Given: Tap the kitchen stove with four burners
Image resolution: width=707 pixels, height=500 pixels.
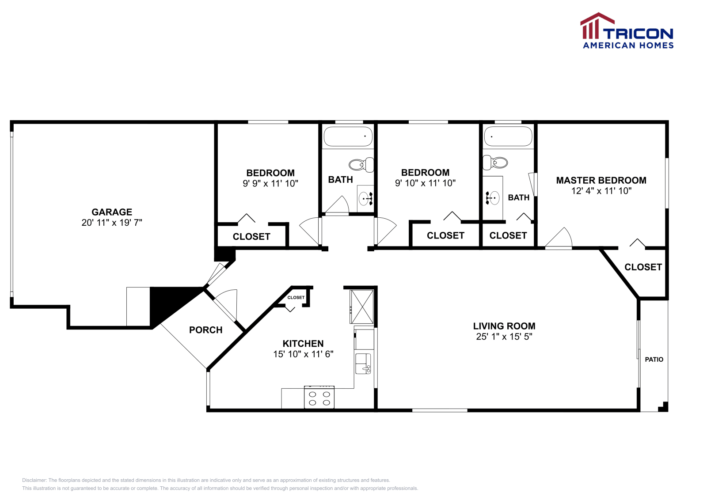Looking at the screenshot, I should click(x=319, y=398).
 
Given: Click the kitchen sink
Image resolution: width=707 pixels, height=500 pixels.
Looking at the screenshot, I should click(x=363, y=364).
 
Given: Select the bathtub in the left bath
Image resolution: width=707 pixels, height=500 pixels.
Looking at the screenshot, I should click(x=348, y=136).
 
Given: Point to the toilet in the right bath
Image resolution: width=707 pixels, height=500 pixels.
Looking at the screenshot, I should click(x=495, y=163).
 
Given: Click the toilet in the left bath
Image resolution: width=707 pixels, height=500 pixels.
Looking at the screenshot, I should click(x=361, y=165).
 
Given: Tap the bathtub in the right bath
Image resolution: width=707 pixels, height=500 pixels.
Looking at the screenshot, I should click(x=508, y=136).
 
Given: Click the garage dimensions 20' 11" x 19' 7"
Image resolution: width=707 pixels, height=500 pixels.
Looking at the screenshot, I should click(x=112, y=223).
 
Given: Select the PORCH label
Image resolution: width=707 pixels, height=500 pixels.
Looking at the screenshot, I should click(x=205, y=330).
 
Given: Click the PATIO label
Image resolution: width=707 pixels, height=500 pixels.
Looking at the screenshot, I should click(x=654, y=360).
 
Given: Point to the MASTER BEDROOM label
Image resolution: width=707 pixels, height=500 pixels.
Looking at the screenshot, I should click(x=601, y=180).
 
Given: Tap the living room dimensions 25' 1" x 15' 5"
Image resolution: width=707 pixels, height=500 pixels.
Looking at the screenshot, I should click(x=504, y=337).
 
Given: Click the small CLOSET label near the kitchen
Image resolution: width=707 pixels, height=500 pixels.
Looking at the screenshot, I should click(x=296, y=298).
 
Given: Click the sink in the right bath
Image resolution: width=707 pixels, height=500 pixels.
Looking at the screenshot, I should click(x=492, y=197).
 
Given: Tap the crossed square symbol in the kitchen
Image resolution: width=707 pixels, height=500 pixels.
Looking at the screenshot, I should click(x=362, y=307).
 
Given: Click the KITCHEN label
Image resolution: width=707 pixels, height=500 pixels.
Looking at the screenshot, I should click(x=303, y=344).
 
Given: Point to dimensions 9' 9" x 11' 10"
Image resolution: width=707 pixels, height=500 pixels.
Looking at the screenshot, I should click(x=270, y=183).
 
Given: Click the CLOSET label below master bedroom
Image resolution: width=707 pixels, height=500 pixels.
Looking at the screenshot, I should click(x=643, y=267).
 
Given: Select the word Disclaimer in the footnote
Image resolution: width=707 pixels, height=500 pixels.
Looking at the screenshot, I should click(x=34, y=480).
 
